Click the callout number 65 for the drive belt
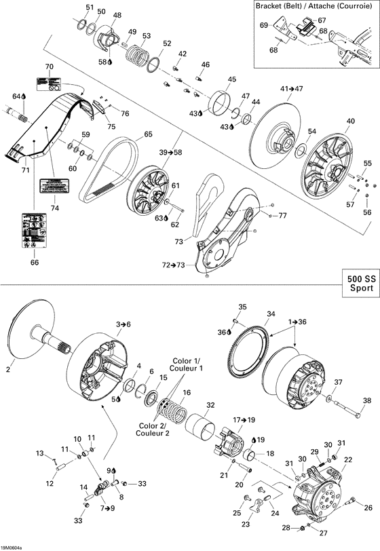[x=147, y=135]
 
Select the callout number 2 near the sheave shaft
[x=8, y=370]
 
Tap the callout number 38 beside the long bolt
[x=367, y=400]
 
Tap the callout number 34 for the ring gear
[x=271, y=314]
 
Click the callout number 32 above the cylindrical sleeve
[x=210, y=405]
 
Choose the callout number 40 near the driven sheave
[x=350, y=121]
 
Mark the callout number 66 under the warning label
[x=34, y=262]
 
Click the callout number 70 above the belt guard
[x=49, y=66]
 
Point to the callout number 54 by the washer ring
[x=311, y=131]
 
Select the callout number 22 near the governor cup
[x=348, y=459]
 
